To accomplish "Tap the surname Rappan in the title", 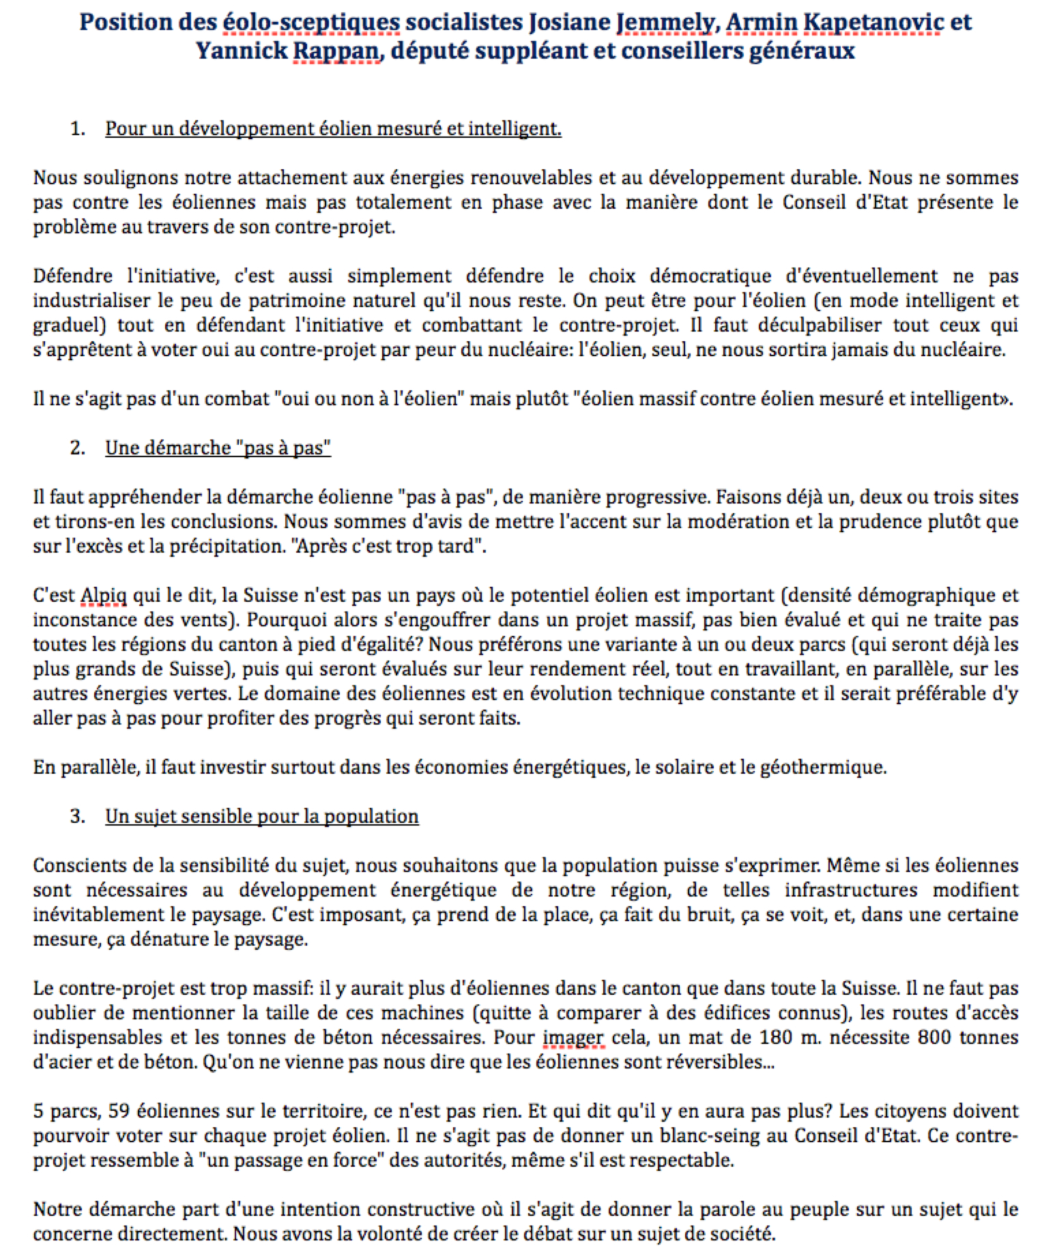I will [335, 51].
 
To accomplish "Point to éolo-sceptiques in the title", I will [311, 23].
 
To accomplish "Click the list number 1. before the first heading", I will [77, 128].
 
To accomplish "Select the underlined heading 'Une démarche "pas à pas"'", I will [218, 448].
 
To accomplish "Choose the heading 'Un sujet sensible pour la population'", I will [261, 816].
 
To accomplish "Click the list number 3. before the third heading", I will [77, 816].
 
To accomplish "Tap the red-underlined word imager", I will [573, 1038].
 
